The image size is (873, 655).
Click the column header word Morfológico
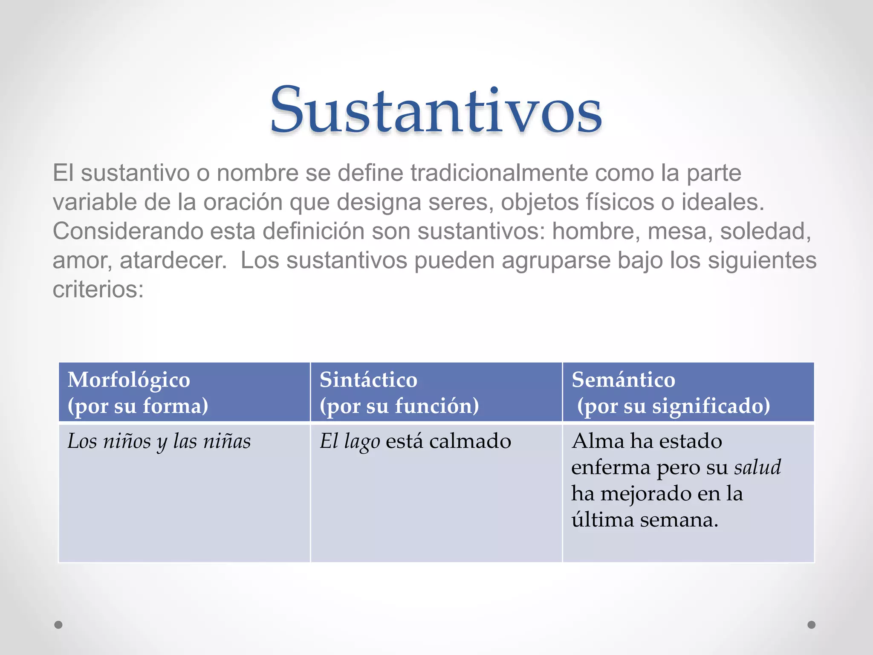pyautogui.click(x=129, y=380)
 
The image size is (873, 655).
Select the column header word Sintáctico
pyautogui.click(x=368, y=380)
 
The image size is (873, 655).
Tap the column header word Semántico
pyautogui.click(x=623, y=380)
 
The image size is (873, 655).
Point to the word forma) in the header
pyautogui.click(x=175, y=406)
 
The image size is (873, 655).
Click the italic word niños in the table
pyautogui.click(x=127, y=441)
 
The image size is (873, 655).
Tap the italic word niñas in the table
pyautogui.click(x=227, y=441)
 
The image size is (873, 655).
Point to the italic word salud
pyautogui.click(x=757, y=467)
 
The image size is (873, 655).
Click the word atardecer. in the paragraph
pyautogui.click(x=173, y=261)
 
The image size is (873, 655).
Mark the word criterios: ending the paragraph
pyautogui.click(x=98, y=290)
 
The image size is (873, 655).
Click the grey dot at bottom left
pyautogui.click(x=58, y=625)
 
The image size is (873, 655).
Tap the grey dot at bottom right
pyautogui.click(x=812, y=625)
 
